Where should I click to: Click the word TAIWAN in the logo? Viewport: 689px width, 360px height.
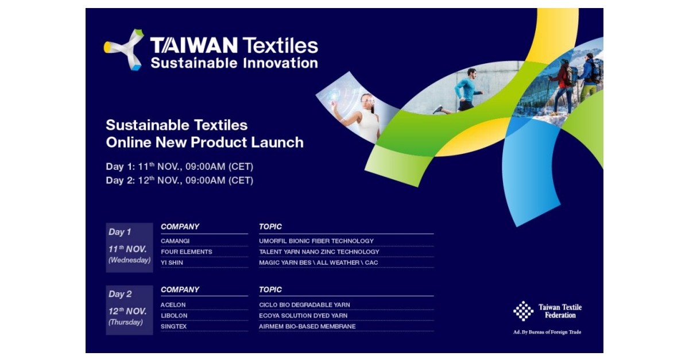point(193,45)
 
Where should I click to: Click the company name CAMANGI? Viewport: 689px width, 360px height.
point(175,241)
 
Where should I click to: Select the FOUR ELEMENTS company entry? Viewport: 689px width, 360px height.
point(187,251)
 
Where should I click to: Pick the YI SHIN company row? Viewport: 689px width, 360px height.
point(172,262)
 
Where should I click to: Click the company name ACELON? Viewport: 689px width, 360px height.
point(173,305)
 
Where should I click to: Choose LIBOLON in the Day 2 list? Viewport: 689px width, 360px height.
point(174,316)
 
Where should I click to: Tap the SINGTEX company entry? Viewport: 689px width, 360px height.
point(174,327)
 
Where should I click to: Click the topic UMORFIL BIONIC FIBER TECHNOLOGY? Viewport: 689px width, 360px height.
point(316,241)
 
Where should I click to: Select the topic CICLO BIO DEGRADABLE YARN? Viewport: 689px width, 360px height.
point(304,305)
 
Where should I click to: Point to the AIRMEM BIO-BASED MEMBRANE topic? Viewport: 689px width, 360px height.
point(307,327)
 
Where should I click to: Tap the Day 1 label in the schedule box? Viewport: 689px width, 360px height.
point(120,232)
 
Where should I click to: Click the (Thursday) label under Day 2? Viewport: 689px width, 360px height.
point(126,322)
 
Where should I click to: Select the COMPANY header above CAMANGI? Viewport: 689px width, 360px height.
point(180,227)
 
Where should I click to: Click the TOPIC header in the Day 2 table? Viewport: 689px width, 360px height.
point(270,290)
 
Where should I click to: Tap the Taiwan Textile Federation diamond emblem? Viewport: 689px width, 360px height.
point(523,311)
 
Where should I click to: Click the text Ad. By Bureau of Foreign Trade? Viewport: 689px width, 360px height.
point(547,332)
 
